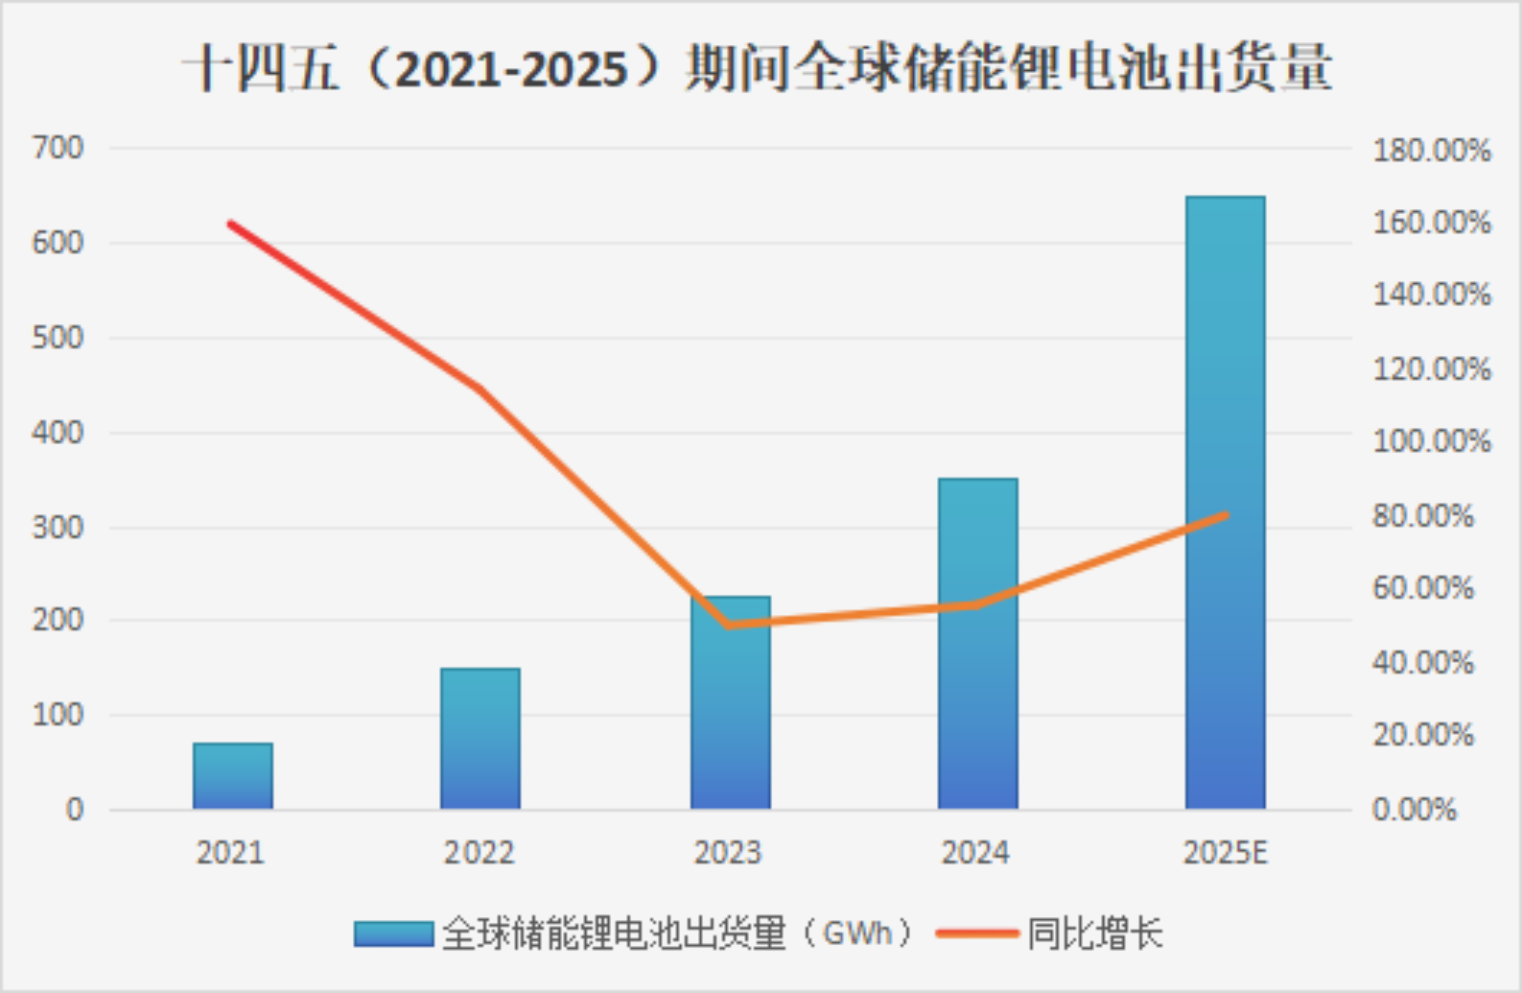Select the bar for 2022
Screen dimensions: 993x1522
coord(480,739)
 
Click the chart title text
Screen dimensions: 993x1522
coord(757,69)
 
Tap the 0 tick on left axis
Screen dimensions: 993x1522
coord(74,810)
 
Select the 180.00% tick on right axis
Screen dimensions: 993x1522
coord(1431,151)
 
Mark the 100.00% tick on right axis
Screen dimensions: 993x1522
coord(1431,441)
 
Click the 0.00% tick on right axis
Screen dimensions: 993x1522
coord(1414,810)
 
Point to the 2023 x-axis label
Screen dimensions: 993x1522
coord(728,852)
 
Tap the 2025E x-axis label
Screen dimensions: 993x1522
coord(1225,852)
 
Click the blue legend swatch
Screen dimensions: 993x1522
coord(393,934)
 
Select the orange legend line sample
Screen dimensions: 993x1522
coord(976,933)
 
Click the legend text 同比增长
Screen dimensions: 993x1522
coord(1095,934)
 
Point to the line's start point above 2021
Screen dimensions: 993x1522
coord(231,225)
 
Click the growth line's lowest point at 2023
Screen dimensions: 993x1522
coord(728,626)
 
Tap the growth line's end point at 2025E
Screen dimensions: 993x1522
coord(1226,515)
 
